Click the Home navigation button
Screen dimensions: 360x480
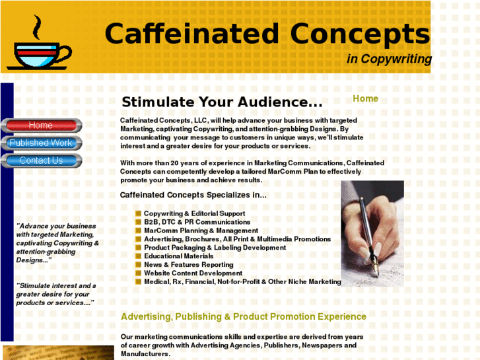click(x=41, y=126)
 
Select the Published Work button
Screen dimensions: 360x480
click(x=41, y=143)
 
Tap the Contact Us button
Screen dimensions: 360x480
click(x=41, y=161)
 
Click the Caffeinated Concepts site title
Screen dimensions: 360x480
click(x=267, y=34)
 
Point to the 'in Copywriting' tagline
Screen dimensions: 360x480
click(x=389, y=59)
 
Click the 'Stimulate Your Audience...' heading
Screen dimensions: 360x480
click(x=222, y=102)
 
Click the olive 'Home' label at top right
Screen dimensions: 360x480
click(x=365, y=98)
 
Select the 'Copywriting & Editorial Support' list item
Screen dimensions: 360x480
click(x=194, y=213)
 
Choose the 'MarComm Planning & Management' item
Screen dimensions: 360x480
click(x=201, y=231)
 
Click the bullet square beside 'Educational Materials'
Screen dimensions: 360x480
click(x=139, y=256)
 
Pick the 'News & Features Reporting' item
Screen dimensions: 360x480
click(x=188, y=265)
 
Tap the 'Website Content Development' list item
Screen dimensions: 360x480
click(x=193, y=273)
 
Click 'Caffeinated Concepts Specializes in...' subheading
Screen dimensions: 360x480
click(x=193, y=195)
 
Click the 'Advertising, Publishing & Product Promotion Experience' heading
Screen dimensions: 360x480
click(x=243, y=317)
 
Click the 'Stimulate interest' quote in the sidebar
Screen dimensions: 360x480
click(x=56, y=294)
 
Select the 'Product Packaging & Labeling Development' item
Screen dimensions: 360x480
click(x=215, y=248)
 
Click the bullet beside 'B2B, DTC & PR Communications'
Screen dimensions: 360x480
click(x=139, y=222)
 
